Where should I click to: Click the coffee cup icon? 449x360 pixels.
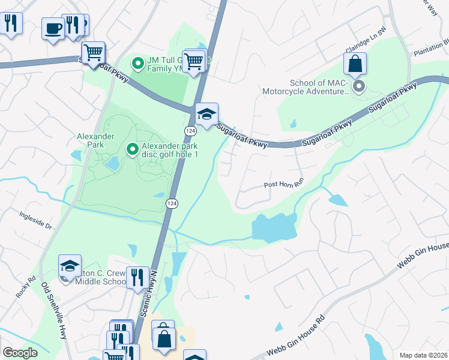tap(53, 28)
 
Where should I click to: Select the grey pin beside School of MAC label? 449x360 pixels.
tap(359, 87)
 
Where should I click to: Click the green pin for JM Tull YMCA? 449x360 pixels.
tap(137, 62)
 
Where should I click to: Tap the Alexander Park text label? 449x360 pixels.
tap(95, 136)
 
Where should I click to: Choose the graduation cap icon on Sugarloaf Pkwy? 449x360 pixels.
tap(206, 114)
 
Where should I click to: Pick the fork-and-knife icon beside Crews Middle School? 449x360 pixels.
tap(138, 277)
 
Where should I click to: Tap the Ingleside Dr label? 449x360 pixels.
tap(36, 219)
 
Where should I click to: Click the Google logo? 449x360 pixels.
tap(20, 353)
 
